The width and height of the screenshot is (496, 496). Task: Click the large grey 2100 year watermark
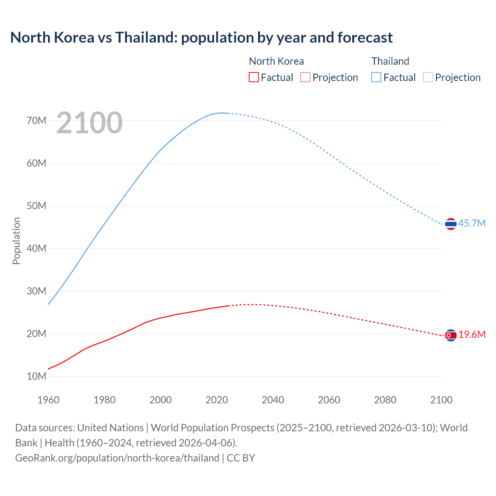pyautogui.click(x=90, y=123)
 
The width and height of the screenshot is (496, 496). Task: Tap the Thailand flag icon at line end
pyautogui.click(x=451, y=224)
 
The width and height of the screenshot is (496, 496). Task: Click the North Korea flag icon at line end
pyautogui.click(x=451, y=335)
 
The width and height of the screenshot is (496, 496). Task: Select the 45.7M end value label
pyautogui.click(x=472, y=224)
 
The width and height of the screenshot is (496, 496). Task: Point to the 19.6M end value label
pyautogui.click(x=472, y=335)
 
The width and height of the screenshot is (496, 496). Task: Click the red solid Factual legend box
pyautogui.click(x=253, y=77)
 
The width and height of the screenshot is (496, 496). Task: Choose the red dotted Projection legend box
pyautogui.click(x=305, y=77)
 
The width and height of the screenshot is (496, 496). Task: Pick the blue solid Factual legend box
pyautogui.click(x=376, y=77)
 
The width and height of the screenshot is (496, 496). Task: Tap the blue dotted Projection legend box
pyautogui.click(x=428, y=77)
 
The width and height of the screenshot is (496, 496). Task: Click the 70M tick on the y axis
pyautogui.click(x=36, y=121)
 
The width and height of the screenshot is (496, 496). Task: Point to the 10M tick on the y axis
pyautogui.click(x=36, y=376)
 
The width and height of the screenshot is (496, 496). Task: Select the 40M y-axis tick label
pyautogui.click(x=36, y=248)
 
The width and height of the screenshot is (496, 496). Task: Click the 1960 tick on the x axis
pyautogui.click(x=48, y=400)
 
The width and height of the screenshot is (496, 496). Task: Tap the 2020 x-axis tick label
pyautogui.click(x=217, y=400)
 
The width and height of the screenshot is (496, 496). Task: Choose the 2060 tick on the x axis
pyautogui.click(x=329, y=400)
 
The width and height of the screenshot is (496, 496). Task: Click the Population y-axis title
pyautogui.click(x=16, y=241)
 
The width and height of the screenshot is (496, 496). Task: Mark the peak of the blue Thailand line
pyautogui.click(x=221, y=113)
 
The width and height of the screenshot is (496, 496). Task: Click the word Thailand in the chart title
pyautogui.click(x=146, y=38)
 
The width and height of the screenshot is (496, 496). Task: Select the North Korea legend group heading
pyautogui.click(x=276, y=61)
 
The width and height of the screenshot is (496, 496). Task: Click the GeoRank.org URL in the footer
pyautogui.click(x=117, y=458)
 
